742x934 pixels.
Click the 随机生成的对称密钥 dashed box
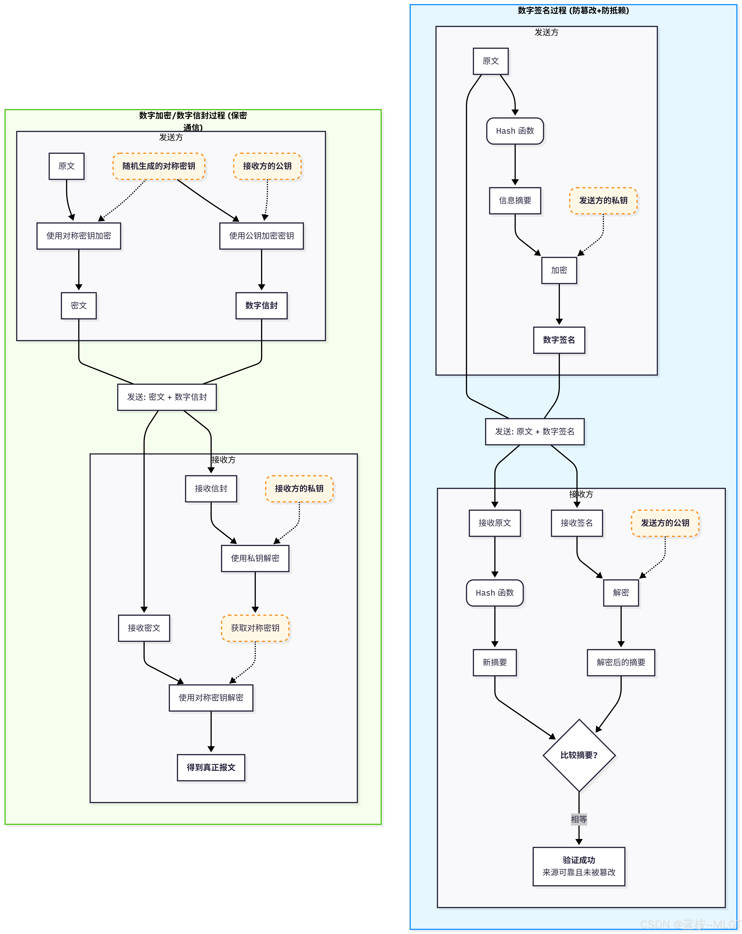159,166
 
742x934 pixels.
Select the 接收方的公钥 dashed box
267,166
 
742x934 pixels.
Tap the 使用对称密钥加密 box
79,236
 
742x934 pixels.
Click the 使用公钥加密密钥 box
262,236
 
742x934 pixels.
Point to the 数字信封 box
262,305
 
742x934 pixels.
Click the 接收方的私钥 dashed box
299,489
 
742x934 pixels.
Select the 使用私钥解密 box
255,558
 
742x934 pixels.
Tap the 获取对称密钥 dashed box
255,628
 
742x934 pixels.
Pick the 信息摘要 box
515,201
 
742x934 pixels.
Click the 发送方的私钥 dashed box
603,201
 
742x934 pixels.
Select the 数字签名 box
559,340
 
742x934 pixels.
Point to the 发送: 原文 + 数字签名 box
535,431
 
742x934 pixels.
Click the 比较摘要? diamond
579,755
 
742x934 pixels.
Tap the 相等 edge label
579,819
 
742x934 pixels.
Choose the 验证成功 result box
579,866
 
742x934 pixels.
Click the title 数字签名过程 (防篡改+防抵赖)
573,10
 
